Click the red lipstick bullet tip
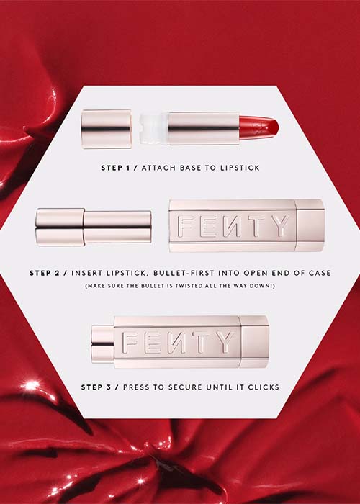[259, 128]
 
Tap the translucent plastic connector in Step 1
[153, 129]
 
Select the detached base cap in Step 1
[107, 129]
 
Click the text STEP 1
[115, 168]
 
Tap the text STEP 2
[45, 273]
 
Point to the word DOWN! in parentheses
[264, 286]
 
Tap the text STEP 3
[96, 387]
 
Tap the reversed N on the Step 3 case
[175, 342]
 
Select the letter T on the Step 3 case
[201, 342]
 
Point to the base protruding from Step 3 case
[103, 344]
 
